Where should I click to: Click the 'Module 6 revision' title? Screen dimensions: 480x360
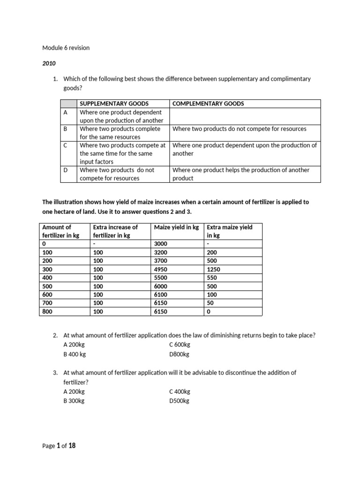(x=66, y=48)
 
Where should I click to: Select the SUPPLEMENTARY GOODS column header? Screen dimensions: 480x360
(x=114, y=104)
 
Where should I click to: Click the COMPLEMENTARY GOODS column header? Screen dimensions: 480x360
(x=208, y=104)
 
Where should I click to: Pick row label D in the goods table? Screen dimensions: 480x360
(x=66, y=170)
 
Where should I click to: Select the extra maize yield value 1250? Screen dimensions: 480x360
(x=213, y=270)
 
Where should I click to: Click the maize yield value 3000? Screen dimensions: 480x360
(x=161, y=244)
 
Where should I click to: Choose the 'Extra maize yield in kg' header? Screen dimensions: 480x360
(x=229, y=231)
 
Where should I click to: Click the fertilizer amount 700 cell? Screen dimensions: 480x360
(x=47, y=303)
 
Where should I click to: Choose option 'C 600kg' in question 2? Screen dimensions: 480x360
(x=180, y=345)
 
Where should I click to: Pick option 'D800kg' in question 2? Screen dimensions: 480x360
(x=179, y=354)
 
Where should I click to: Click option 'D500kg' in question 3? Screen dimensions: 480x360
(x=179, y=401)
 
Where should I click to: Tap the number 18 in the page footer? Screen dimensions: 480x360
(x=72, y=446)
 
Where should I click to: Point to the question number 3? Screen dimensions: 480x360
(x=55, y=373)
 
